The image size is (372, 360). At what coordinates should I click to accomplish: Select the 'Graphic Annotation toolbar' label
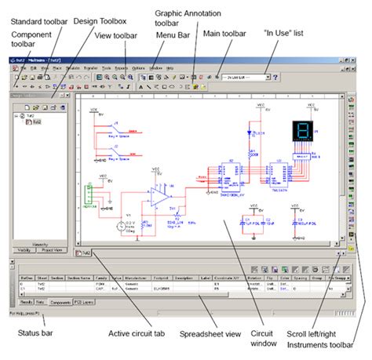pyautogui.click(x=189, y=20)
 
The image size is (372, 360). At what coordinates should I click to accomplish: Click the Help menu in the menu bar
pyautogui.click(x=170, y=68)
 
